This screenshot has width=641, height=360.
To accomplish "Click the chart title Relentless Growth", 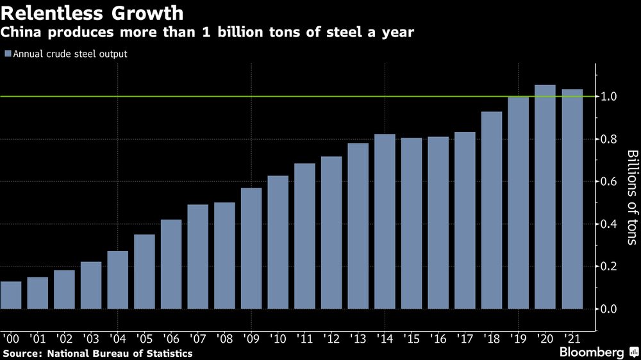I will (93, 13).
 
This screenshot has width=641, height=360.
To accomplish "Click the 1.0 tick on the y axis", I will (609, 97).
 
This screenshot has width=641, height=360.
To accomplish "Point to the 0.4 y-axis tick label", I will (609, 224).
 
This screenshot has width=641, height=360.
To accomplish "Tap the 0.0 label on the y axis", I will (609, 309).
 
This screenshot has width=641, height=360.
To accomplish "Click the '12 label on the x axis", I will (331, 337).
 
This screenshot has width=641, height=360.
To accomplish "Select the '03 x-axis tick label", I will (91, 337).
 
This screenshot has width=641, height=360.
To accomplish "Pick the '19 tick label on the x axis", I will (518, 337).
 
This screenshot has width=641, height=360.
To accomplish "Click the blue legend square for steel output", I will (8, 54).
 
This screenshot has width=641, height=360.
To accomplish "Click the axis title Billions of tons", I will (631, 197).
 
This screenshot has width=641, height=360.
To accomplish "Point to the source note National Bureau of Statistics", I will (97, 353).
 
